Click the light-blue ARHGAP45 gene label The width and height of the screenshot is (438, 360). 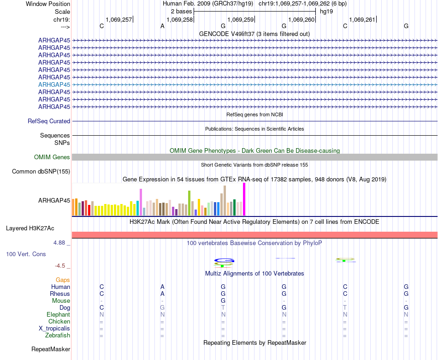54,84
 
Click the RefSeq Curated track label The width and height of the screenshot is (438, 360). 49,121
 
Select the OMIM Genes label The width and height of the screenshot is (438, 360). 52,157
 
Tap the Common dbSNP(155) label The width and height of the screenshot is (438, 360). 41,172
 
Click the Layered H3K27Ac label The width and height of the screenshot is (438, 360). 30,228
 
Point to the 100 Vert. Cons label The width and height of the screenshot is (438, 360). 26,254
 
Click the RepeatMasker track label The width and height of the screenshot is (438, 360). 51,349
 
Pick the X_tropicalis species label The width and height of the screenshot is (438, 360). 54,329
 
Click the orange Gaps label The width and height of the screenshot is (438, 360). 63,280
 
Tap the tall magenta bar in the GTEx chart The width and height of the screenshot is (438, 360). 244,199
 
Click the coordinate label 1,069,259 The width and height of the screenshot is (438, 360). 241,19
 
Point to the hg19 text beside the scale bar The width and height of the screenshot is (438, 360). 326,11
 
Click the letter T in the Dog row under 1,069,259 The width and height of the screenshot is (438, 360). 223,307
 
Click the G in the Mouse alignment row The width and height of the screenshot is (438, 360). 223,300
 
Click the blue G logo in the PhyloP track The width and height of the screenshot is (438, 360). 224,260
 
